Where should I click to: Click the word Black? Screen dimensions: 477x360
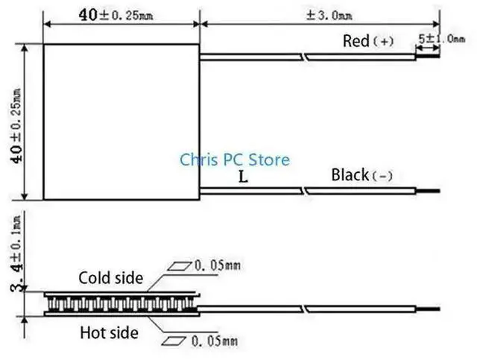[x=350, y=175]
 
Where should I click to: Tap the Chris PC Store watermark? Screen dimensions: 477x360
[x=235, y=160]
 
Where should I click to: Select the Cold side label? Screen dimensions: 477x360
[x=110, y=278]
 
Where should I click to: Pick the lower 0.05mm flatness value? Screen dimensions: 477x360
[x=215, y=342]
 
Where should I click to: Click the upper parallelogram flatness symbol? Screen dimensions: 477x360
[x=179, y=265]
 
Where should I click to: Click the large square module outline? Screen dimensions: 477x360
[x=121, y=121]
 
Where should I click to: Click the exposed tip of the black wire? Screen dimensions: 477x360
[x=432, y=192]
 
